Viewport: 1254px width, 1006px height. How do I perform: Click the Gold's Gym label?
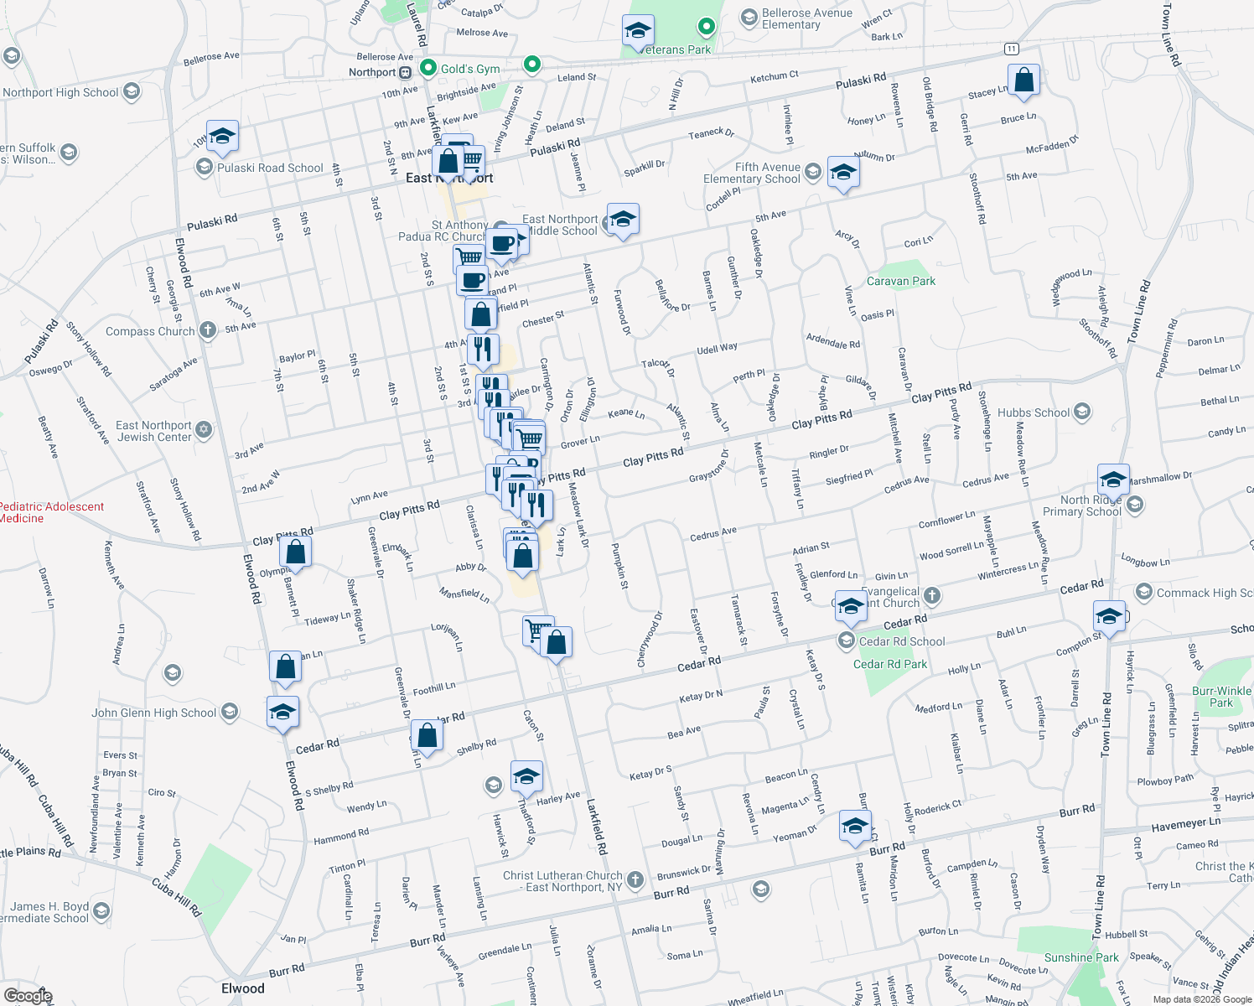tap(470, 69)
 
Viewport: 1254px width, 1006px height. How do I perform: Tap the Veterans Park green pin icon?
tap(707, 27)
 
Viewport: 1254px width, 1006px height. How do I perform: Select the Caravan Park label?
tap(900, 281)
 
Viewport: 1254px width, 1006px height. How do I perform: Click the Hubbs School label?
tap(1034, 412)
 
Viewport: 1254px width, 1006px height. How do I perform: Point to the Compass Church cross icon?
tap(208, 330)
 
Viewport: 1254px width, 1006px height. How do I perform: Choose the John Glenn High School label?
tap(154, 713)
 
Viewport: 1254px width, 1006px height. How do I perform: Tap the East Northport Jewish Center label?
tap(154, 431)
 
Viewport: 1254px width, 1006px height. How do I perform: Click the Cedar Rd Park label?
tap(890, 664)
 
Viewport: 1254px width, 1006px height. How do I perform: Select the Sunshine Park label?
tap(1081, 957)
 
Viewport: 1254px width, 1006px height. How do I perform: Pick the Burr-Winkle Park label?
tap(1221, 697)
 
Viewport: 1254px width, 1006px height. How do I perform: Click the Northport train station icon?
tap(406, 72)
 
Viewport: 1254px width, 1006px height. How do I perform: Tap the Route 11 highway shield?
tap(1012, 49)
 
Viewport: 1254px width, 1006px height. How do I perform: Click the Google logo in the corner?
tap(28, 996)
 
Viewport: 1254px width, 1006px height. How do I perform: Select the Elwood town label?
tap(243, 988)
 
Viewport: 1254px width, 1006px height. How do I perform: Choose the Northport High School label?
tap(60, 92)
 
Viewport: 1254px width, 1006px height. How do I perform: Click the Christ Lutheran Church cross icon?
tap(635, 879)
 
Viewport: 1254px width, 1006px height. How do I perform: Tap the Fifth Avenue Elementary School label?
tap(752, 173)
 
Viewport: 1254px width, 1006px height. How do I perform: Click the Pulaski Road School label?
tap(270, 168)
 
